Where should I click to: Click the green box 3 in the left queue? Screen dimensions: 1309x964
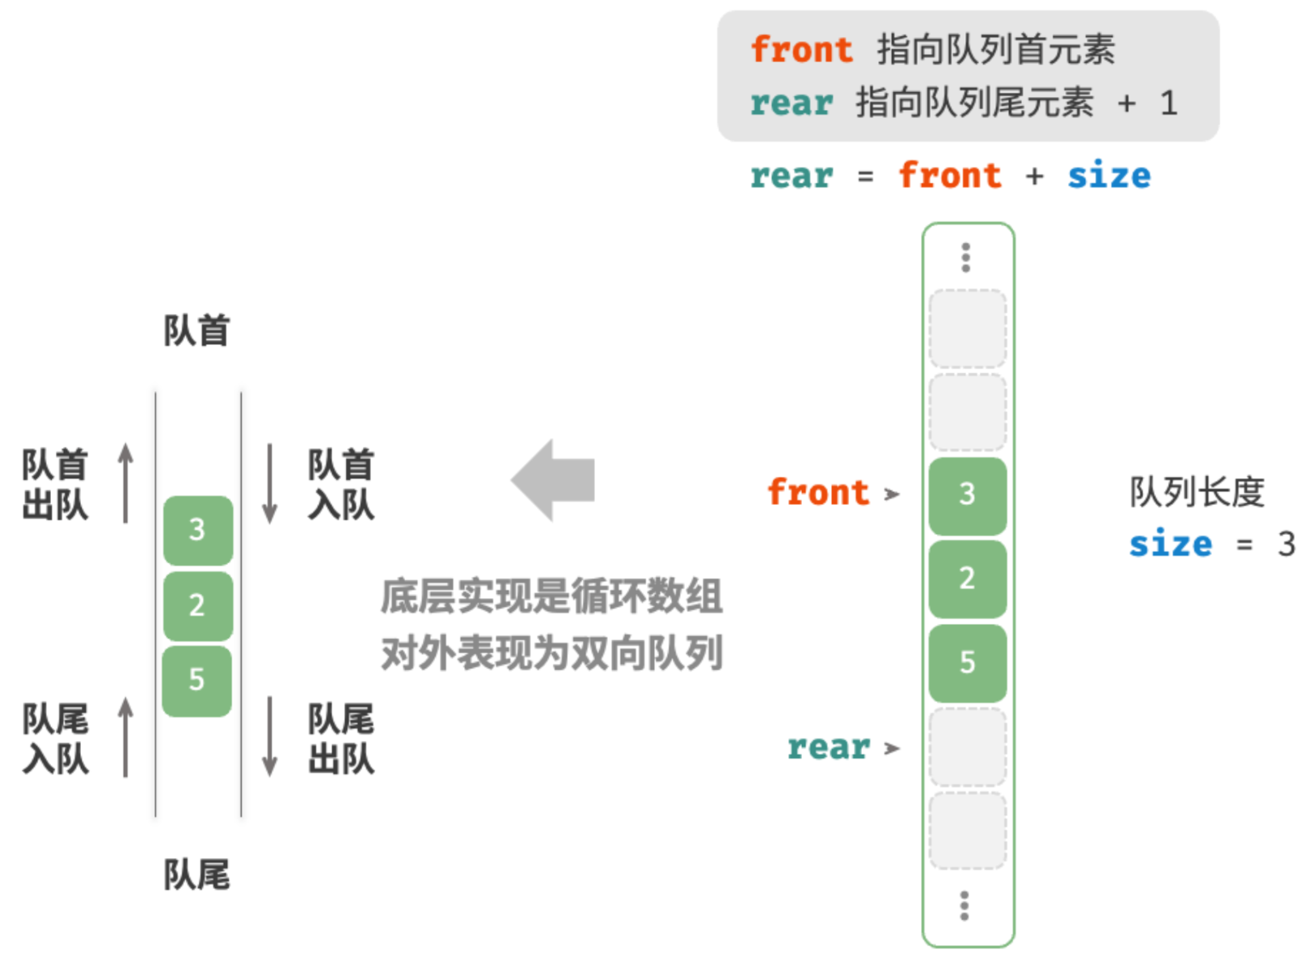pyautogui.click(x=198, y=531)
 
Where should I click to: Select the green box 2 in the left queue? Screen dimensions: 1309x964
pyautogui.click(x=198, y=606)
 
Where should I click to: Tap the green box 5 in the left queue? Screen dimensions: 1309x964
pyautogui.click(x=197, y=681)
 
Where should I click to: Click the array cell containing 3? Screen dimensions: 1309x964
pyautogui.click(x=968, y=496)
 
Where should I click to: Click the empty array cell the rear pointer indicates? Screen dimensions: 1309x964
pyautogui.click(x=968, y=748)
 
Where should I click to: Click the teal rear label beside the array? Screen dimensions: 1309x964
pyautogui.click(x=829, y=748)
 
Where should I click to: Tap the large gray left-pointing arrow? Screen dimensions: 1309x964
pyautogui.click(x=553, y=480)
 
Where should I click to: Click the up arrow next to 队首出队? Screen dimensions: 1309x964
pyautogui.click(x=125, y=483)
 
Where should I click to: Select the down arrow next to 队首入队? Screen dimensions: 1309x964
pyautogui.click(x=269, y=483)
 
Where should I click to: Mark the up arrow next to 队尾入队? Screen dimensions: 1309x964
pyautogui.click(x=125, y=737)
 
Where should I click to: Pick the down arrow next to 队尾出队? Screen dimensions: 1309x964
pyautogui.click(x=269, y=737)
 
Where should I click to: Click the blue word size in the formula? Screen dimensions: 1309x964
pyautogui.click(x=1109, y=176)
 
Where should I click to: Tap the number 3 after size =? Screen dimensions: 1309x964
pyautogui.click(x=1286, y=544)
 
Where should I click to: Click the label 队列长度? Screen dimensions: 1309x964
pyautogui.click(x=1197, y=491)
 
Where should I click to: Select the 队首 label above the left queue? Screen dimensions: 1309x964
pyautogui.click(x=196, y=330)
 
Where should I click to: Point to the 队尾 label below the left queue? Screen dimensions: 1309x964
pyautogui.click(x=196, y=874)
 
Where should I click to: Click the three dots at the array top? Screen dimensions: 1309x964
pyautogui.click(x=966, y=258)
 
